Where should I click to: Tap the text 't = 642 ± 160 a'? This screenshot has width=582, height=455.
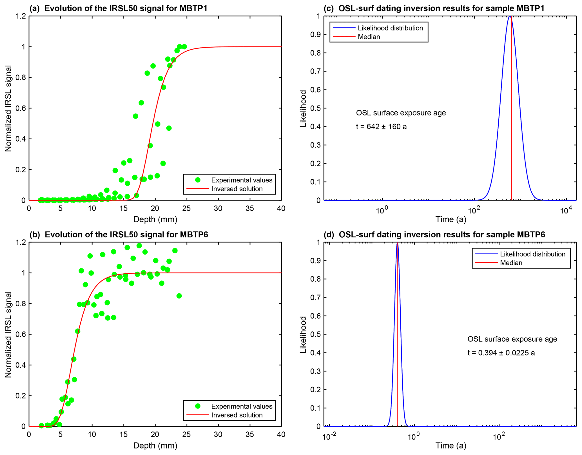click(381, 127)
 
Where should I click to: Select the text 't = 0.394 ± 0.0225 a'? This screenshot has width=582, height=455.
click(501, 353)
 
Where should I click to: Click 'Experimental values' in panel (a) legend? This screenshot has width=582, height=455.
click(242, 180)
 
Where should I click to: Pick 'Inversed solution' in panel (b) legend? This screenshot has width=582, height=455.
click(237, 415)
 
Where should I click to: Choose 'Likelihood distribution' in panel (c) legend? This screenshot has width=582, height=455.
click(390, 28)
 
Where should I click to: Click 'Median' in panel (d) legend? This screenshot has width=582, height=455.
click(511, 263)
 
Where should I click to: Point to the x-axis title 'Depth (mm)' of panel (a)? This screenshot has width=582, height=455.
click(155, 219)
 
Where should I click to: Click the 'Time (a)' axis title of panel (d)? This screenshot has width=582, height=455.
click(451, 445)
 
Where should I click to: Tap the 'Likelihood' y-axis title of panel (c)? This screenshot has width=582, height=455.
click(303, 108)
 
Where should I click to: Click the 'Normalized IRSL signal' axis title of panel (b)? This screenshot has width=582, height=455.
click(8, 334)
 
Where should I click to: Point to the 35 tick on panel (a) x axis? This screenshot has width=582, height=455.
click(250, 209)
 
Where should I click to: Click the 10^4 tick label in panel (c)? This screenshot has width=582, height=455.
click(565, 211)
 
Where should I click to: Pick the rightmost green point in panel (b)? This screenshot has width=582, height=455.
click(179, 296)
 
